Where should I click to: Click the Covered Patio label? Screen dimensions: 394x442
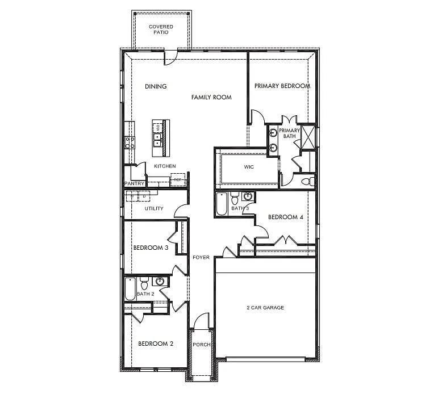[x=161, y=30]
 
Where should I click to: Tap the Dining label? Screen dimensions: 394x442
[x=156, y=87]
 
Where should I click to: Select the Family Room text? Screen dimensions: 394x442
[x=211, y=98]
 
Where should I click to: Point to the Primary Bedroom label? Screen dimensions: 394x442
[x=282, y=86]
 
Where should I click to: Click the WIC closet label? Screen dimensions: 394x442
[x=249, y=167]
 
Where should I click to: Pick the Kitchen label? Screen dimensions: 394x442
[x=165, y=166]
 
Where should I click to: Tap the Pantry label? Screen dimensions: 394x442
[x=134, y=184]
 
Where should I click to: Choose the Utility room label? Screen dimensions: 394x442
[x=154, y=208]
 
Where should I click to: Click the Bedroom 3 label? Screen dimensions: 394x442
[x=150, y=248]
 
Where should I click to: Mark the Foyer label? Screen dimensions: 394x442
[x=201, y=258]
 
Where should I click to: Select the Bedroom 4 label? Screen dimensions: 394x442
[x=285, y=217]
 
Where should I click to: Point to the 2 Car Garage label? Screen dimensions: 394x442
[x=265, y=308]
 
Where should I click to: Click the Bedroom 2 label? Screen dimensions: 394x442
[x=156, y=343]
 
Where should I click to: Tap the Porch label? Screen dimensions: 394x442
[x=202, y=345]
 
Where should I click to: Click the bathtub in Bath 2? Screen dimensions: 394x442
[x=130, y=290]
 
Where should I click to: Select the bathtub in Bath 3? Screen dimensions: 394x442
[x=222, y=204]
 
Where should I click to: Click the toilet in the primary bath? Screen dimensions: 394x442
[x=307, y=182]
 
